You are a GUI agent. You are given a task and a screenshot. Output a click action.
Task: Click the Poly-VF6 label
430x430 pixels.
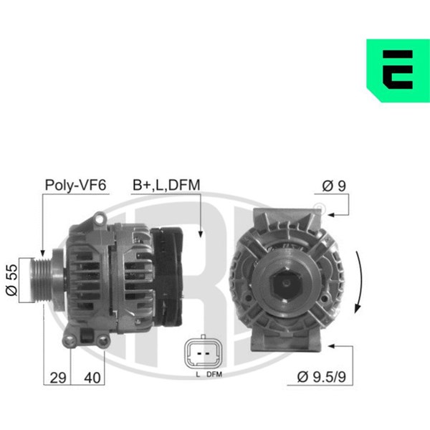(x=75, y=185)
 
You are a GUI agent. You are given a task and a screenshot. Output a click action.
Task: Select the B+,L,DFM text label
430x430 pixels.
(x=166, y=185)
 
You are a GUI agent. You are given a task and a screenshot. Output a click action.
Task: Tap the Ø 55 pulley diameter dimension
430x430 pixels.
(x=11, y=280)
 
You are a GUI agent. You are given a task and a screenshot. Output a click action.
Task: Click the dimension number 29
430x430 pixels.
(x=58, y=378)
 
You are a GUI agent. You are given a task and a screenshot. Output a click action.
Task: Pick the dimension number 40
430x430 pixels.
(x=92, y=378)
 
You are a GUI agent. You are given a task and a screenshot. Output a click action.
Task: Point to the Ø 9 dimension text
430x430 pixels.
(x=334, y=186)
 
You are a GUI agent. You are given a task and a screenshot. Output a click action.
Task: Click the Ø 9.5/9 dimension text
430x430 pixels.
(x=321, y=377)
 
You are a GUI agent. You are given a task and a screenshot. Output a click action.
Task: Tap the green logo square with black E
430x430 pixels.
(x=398, y=70)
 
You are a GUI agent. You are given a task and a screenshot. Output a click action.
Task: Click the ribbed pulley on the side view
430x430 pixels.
(x=41, y=280)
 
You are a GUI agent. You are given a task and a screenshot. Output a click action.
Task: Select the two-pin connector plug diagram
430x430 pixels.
(x=203, y=353)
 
